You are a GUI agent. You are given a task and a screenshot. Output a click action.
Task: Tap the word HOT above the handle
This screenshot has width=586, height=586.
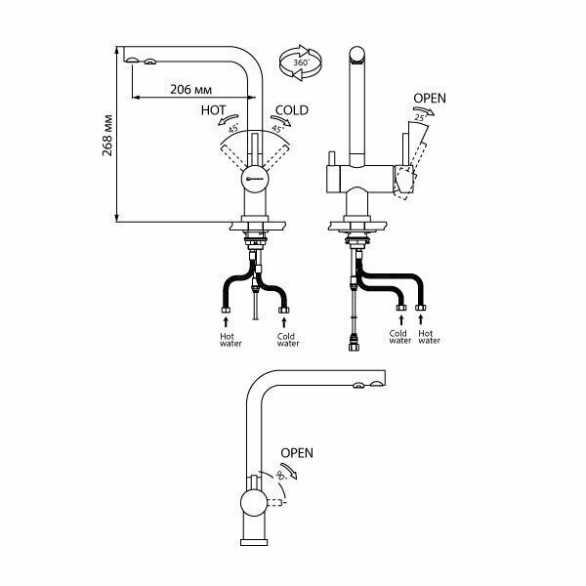point(214,110)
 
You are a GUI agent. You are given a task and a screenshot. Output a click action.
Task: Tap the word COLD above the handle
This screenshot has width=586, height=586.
point(292,110)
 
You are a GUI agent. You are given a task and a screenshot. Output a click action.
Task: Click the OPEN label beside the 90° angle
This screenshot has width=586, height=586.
point(297,453)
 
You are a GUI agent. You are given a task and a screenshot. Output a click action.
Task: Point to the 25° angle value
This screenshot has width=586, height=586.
point(421,118)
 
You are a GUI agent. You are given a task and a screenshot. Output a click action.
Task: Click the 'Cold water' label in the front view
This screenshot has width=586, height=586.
point(287,339)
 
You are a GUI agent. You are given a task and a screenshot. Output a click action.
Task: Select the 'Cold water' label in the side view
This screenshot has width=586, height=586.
point(398,337)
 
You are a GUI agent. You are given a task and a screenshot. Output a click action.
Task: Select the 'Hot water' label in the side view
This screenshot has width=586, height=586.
point(427,337)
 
